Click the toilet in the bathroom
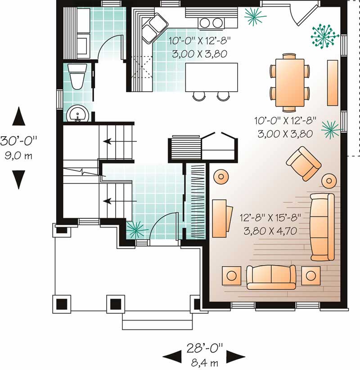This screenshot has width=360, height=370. click(77, 77)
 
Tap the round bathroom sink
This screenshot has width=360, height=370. click(78, 115)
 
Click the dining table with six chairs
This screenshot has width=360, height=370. click(290, 82)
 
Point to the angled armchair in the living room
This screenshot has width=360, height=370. click(304, 163)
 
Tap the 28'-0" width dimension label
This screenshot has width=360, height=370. click(205, 348)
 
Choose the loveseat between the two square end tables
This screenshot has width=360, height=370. click(271, 276)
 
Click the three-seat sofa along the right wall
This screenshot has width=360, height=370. click(322, 227)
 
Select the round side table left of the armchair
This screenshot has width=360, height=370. click(221, 176)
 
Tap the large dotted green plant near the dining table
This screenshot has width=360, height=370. click(324, 35)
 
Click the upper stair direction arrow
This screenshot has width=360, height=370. click(113, 141)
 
